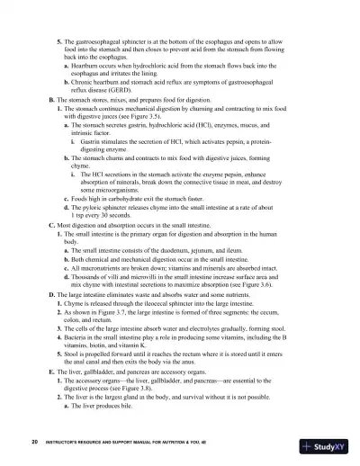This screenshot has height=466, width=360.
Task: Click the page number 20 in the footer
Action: pyautogui.click(x=32, y=444)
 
